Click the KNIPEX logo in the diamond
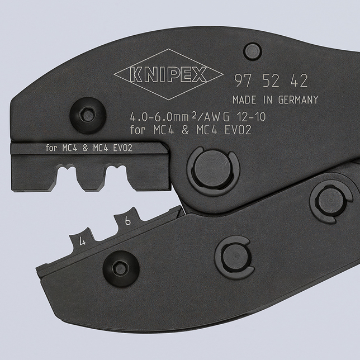(160, 74)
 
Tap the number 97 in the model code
(241, 81)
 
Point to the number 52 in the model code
(271, 81)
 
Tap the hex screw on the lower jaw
(120, 269)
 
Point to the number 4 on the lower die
(83, 242)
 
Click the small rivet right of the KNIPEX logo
(253, 51)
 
